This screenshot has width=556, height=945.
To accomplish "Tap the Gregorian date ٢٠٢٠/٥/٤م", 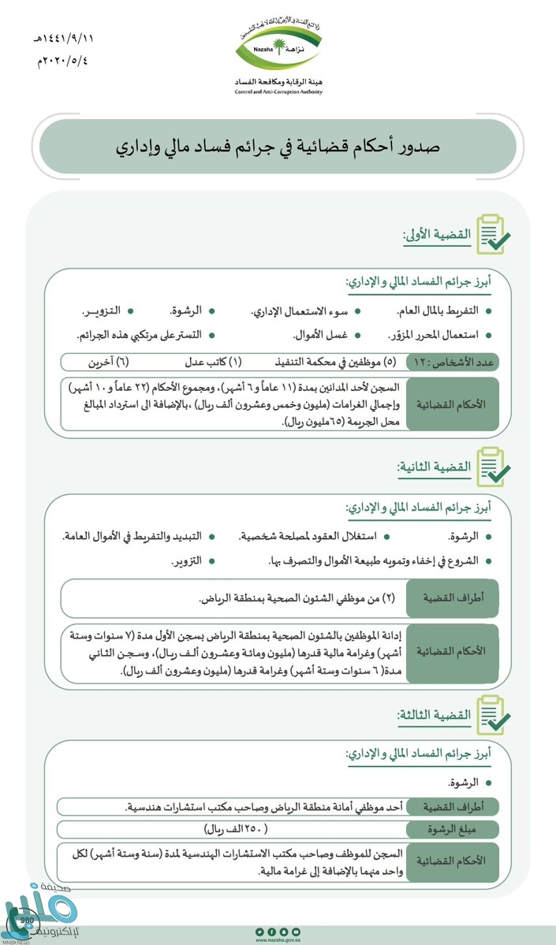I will click(62, 60).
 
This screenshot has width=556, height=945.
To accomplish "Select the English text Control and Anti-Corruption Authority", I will click(278, 92).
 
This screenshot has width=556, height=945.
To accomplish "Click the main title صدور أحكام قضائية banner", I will click(278, 147).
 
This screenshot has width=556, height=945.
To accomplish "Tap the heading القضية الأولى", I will click(437, 234).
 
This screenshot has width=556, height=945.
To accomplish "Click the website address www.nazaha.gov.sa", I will click(278, 939).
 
